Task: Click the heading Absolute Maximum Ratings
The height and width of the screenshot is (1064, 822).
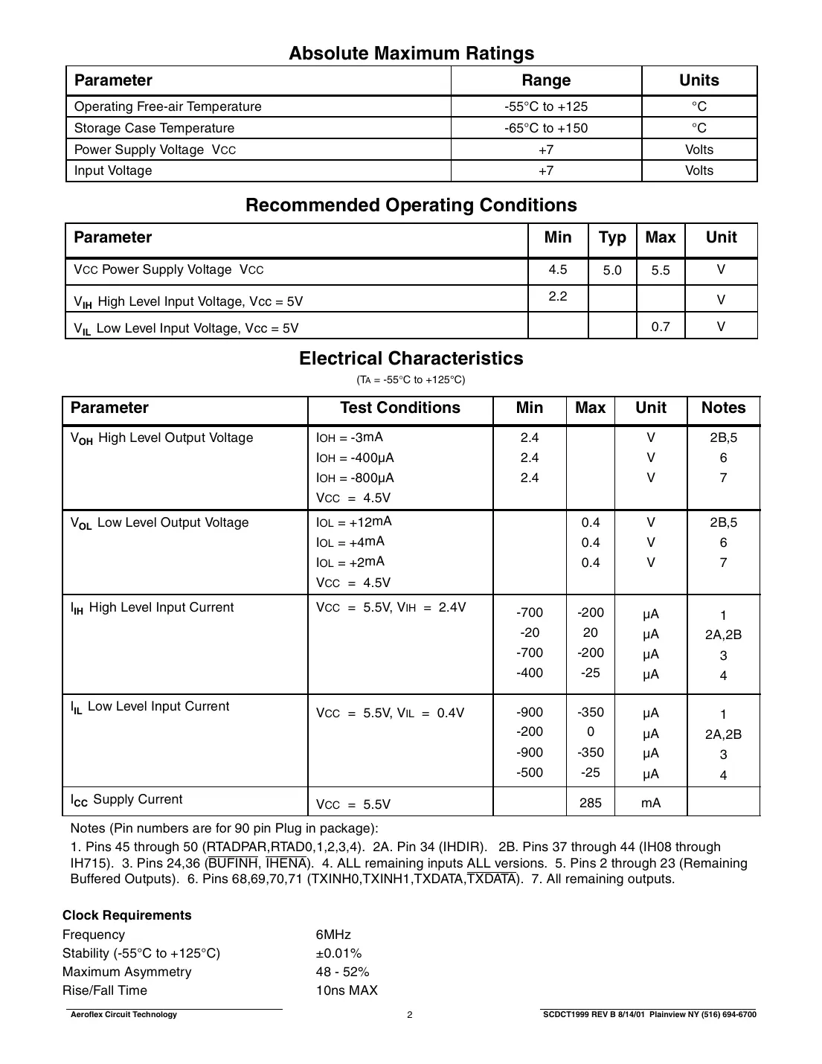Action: [411, 54]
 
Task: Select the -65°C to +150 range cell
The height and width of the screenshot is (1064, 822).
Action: [545, 128]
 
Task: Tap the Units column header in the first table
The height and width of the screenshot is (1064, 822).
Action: [699, 80]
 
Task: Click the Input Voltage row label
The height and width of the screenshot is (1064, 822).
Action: [113, 170]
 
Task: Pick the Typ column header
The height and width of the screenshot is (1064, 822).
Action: [612, 238]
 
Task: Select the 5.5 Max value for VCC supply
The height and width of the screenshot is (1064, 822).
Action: [661, 271]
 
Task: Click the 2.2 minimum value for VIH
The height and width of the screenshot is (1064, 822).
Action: [557, 296]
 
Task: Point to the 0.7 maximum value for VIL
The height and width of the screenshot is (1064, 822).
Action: [661, 327]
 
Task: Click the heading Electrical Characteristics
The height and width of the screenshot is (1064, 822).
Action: [411, 359]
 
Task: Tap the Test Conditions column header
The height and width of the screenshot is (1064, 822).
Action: [399, 408]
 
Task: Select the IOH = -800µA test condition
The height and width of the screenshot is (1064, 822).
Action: [355, 478]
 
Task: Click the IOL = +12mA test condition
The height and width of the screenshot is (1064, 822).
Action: [353, 522]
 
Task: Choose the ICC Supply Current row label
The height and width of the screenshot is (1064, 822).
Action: [126, 800]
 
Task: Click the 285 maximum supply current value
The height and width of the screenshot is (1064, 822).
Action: [590, 803]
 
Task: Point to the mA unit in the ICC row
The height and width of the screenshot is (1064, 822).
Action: [650, 803]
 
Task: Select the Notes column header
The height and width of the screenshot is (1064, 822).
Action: [723, 408]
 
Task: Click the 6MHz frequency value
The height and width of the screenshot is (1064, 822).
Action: [333, 935]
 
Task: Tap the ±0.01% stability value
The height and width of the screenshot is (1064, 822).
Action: [338, 953]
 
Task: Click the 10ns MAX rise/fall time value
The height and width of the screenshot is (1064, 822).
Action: [347, 990]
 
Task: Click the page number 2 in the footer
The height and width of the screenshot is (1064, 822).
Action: [410, 1015]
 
